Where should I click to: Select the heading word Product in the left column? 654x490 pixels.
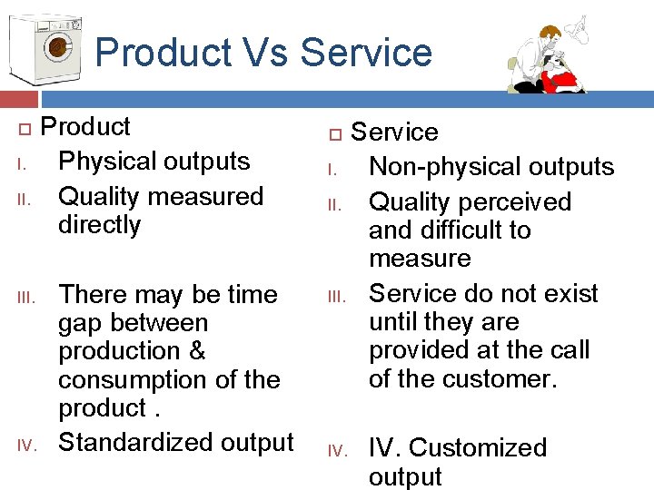pos(86,126)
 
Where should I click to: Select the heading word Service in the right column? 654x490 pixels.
pos(394,132)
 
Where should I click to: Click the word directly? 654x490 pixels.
pos(100,225)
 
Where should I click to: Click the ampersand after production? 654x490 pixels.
pos(197,351)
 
